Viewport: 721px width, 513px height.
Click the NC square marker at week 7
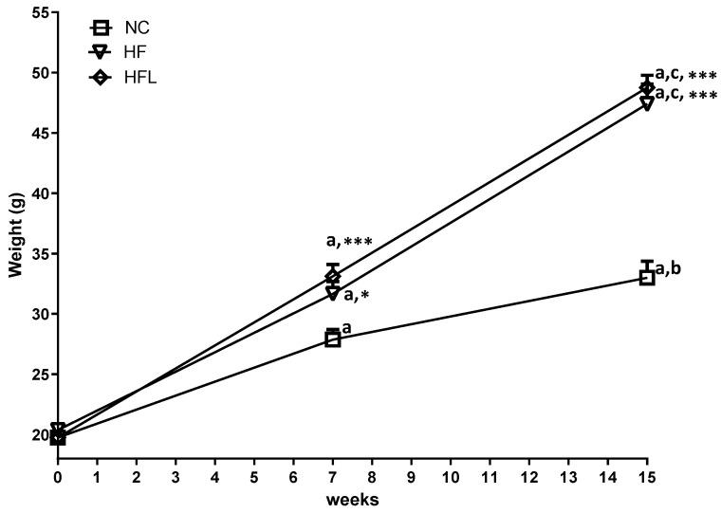(333, 339)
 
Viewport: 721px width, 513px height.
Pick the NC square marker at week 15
(647, 278)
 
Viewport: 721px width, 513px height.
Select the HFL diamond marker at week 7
(333, 276)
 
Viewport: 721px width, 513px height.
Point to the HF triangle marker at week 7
(333, 294)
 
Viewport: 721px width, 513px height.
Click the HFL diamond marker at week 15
(647, 87)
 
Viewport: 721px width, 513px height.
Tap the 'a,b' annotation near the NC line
(669, 268)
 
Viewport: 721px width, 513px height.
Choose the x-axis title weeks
(352, 502)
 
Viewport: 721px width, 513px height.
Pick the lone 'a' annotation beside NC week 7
(346, 329)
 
